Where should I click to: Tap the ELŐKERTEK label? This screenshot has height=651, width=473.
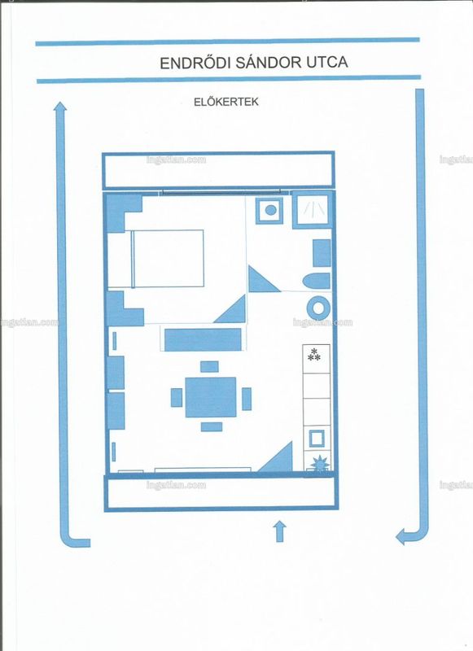[x=226, y=102]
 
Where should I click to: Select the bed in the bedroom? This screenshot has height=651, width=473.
[x=168, y=258]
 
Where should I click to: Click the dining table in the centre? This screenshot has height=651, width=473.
[x=211, y=397]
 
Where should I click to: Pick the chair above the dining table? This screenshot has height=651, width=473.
[x=209, y=367]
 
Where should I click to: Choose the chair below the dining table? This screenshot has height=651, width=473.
[x=212, y=426]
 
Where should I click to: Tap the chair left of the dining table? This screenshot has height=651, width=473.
[x=177, y=397]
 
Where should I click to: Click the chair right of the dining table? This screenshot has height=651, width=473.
[x=247, y=399]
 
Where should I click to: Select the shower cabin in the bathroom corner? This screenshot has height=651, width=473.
[x=313, y=210]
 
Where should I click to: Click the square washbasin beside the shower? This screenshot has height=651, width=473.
[x=269, y=211]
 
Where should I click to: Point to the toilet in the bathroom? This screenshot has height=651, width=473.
[x=317, y=282]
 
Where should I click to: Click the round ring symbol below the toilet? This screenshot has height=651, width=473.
[x=318, y=308]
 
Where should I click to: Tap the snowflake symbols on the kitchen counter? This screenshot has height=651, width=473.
[x=314, y=355]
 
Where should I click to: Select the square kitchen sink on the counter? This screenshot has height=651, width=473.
[x=317, y=439]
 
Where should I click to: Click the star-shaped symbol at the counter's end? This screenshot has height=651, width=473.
[x=321, y=462]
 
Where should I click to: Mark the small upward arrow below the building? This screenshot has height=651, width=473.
[x=280, y=531]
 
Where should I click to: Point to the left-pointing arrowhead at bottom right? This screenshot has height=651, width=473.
[x=401, y=536]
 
